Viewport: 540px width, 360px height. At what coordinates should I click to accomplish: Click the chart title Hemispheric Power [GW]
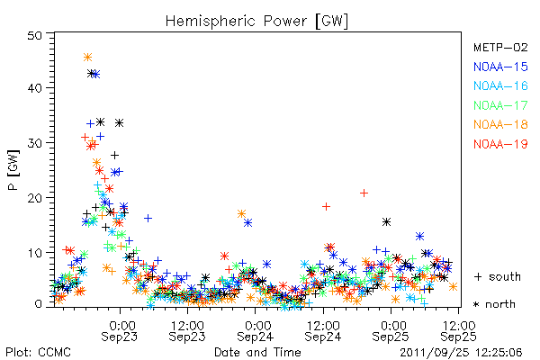pos(256,21)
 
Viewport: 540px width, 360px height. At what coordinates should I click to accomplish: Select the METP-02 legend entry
pos(500,47)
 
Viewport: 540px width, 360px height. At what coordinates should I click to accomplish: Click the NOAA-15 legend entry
pos(500,67)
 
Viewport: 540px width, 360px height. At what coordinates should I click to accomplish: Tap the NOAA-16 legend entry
pos(500,85)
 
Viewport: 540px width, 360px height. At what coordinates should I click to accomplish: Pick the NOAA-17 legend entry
pos(500,105)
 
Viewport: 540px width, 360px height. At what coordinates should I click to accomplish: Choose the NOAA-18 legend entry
pos(500,124)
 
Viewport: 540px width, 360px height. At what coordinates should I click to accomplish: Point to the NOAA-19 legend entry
pos(500,144)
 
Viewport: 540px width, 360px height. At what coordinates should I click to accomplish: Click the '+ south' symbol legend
pos(498,276)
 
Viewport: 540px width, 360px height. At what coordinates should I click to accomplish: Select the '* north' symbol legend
pos(494,304)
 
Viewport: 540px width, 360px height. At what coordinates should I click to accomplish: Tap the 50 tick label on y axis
pos(35,35)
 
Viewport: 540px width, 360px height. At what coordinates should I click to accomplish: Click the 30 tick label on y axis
pos(35,142)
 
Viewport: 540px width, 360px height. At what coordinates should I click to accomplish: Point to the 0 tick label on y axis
pos(39,304)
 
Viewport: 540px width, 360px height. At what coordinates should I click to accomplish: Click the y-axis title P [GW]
pos(13,170)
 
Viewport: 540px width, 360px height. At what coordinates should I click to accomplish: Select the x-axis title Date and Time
pos(257,352)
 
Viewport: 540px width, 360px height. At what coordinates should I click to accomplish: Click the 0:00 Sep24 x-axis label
pos(256,331)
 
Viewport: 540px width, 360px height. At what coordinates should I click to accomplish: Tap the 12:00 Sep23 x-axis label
pos(187,331)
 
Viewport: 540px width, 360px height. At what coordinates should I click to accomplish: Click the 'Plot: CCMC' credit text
pos(38,352)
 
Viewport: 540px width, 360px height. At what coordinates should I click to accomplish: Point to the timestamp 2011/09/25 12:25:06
pos(461,353)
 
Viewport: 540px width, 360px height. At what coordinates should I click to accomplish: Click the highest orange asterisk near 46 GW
pos(88,58)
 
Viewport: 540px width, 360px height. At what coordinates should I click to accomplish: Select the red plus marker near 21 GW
pos(364,193)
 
